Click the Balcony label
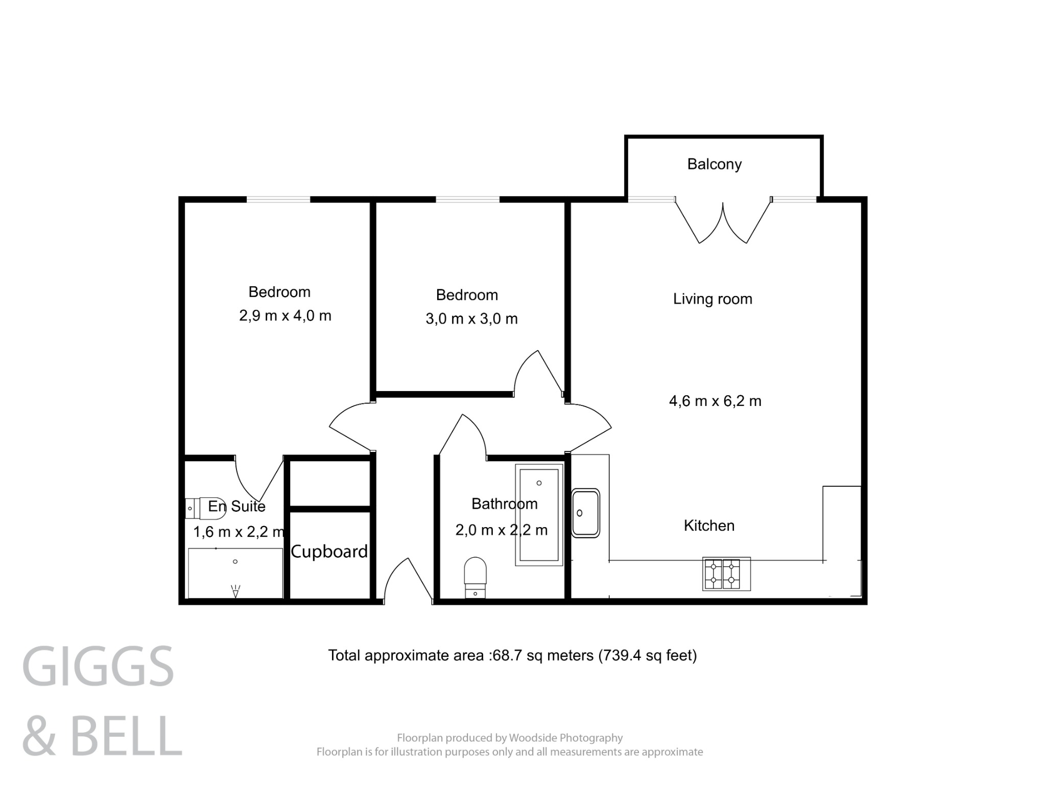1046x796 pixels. (714, 164)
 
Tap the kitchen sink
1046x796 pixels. (585, 513)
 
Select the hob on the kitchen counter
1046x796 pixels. (726, 574)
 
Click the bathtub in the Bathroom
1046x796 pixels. (539, 514)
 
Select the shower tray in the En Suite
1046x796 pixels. (235, 573)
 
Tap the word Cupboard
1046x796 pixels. (329, 551)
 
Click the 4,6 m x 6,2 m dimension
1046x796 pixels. (715, 401)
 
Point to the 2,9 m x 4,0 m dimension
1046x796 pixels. (285, 315)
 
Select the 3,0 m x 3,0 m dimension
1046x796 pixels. (471, 319)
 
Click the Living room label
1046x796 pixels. (712, 299)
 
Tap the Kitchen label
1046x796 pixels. (709, 526)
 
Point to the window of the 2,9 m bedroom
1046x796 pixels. (278, 199)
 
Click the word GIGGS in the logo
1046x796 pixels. (98, 667)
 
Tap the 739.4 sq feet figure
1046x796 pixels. (647, 655)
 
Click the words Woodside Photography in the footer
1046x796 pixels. (566, 738)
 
